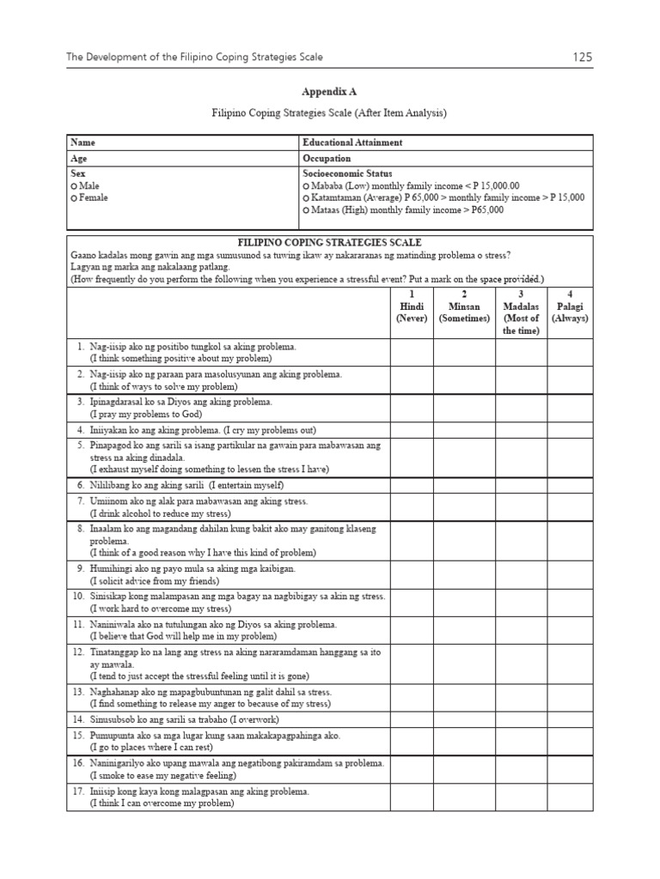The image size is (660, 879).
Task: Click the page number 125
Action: (581, 58)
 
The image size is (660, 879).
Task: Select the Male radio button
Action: (75, 185)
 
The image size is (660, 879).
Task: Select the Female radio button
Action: (75, 197)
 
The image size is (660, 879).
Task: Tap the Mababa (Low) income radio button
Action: (306, 185)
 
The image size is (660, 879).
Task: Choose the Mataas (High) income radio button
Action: (306, 209)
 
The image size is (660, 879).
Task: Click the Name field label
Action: (82, 142)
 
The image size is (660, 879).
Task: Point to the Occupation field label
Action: (327, 159)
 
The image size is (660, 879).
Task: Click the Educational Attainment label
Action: (352, 142)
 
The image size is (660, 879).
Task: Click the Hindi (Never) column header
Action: (412, 306)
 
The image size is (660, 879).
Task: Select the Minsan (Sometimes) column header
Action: (464, 306)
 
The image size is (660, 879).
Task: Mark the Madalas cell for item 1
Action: (521, 352)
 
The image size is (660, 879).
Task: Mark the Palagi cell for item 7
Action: (568, 506)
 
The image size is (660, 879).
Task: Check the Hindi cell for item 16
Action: (412, 768)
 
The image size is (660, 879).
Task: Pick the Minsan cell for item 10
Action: (464, 602)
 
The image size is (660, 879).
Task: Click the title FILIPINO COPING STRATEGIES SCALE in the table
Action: (330, 243)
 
